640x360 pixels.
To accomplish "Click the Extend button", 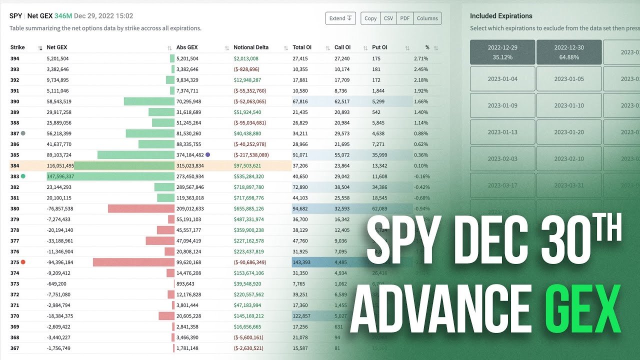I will (340, 18).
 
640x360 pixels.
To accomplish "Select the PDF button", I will (405, 18).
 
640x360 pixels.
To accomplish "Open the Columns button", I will (427, 18).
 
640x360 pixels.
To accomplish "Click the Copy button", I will (370, 18).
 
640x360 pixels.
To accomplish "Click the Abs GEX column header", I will (187, 47).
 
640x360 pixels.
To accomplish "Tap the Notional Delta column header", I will (251, 47).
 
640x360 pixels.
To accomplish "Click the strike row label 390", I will (15, 101).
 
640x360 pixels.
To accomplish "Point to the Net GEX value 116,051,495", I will (60, 166).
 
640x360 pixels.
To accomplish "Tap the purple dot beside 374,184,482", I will (208, 155).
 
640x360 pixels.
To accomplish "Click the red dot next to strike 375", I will (23, 262).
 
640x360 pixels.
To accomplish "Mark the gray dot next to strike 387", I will (23, 133).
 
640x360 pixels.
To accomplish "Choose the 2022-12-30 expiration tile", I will (568, 52).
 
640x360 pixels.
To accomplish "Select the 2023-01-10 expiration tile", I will (568, 105).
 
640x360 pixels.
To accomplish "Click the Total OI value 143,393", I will (301, 262).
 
